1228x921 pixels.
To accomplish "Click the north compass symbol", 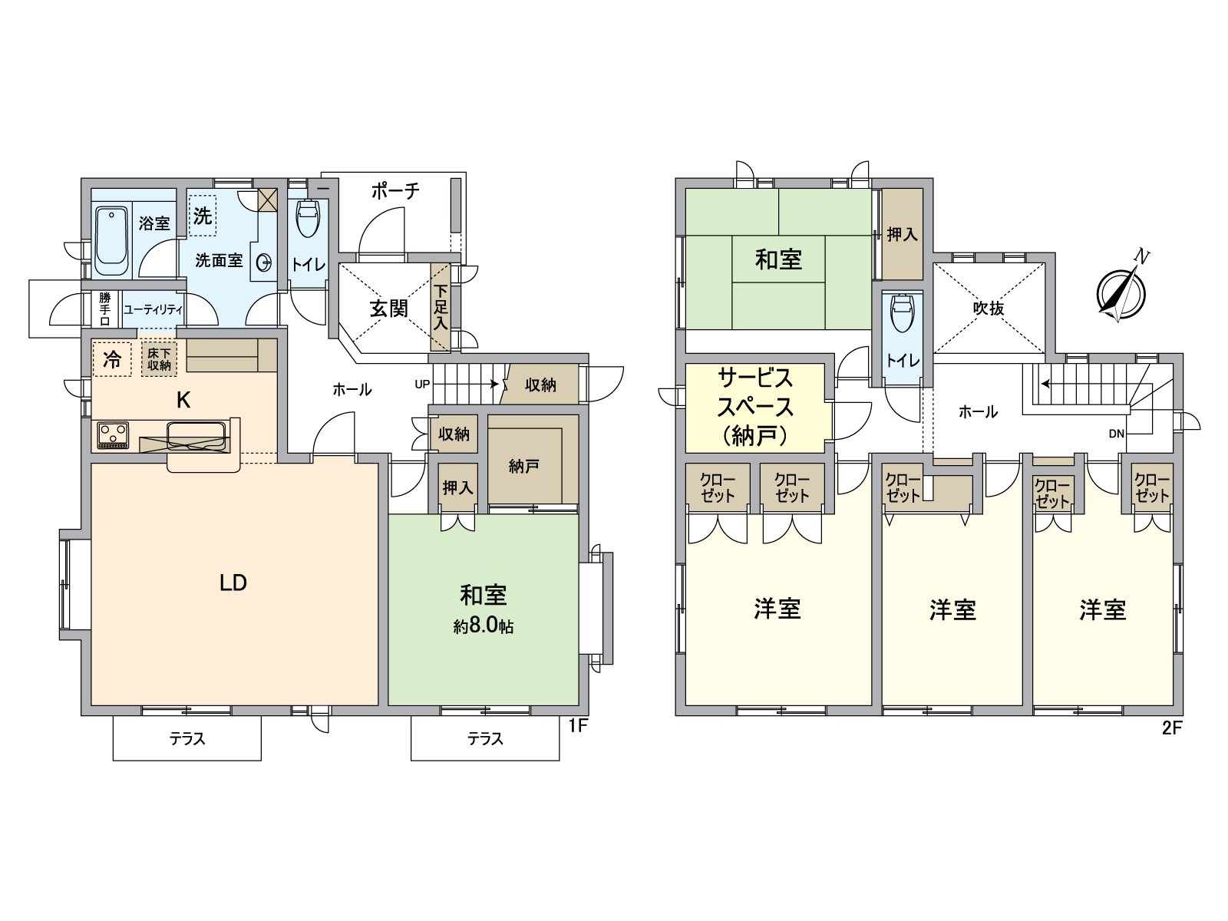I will coord(1121,292).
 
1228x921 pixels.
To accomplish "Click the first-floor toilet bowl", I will coord(308,219).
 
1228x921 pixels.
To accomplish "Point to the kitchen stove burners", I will coord(113,435).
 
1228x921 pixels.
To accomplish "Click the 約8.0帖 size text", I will coord(483,627).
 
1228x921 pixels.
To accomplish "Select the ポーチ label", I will coord(395,190).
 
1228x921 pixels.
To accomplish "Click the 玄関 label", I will coord(388,309).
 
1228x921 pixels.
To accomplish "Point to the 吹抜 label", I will coord(989,309).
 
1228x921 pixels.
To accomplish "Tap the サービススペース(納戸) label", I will coord(754,407).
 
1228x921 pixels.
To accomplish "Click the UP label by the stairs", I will coord(422,384).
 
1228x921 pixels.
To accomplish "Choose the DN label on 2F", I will coord(1116,434).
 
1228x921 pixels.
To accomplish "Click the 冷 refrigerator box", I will coord(112,359).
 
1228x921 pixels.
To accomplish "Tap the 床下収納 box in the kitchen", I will coord(159,359).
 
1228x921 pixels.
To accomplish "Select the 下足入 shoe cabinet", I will coord(441,307).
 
